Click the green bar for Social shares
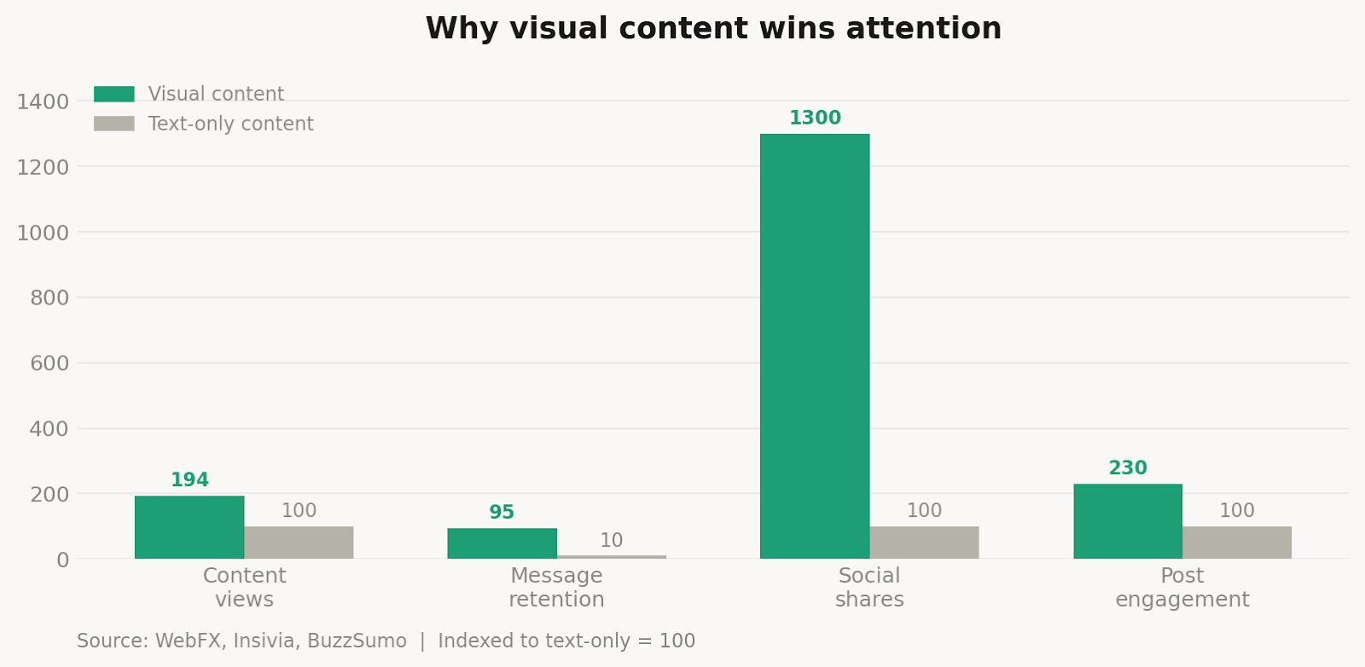815,345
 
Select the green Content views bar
189,527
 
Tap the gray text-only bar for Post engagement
1236,542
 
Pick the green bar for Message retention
502,543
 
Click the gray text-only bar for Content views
299,542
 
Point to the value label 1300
815,119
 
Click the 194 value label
189,480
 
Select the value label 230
1127,468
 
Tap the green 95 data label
502,513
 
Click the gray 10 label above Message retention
611,541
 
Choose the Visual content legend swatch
113,94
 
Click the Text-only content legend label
230,124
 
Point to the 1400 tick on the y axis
43,101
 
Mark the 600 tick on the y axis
49,363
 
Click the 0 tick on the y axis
62,560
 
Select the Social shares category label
869,588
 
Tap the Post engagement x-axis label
1182,588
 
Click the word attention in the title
924,29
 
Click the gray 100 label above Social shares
924,511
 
